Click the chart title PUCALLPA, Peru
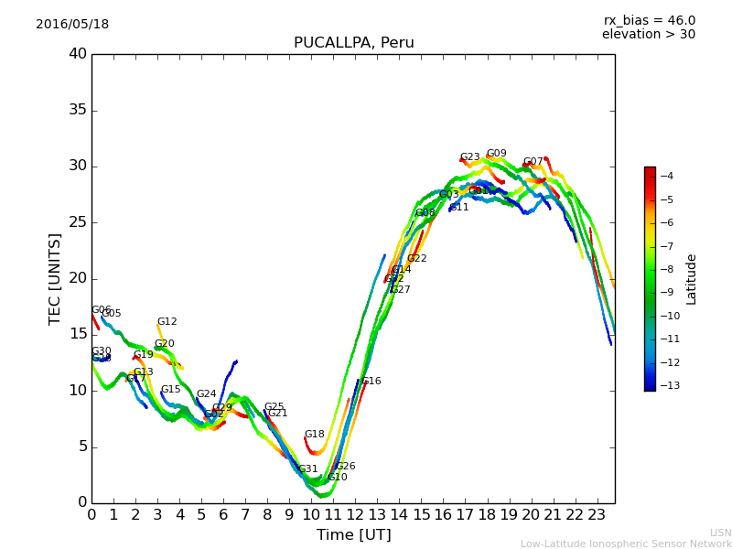353,43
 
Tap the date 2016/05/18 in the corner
72,25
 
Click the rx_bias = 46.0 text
649,20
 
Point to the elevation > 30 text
648,35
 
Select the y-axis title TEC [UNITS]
55,278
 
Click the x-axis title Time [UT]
353,534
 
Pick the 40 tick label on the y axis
78,54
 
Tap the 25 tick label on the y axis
78,222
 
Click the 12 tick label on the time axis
355,514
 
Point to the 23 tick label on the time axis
597,514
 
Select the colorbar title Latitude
692,279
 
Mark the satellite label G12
167,322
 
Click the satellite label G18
314,435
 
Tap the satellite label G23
469,157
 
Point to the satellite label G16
371,382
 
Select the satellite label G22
416,259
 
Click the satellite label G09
496,154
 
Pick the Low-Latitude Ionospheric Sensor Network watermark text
625,544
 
